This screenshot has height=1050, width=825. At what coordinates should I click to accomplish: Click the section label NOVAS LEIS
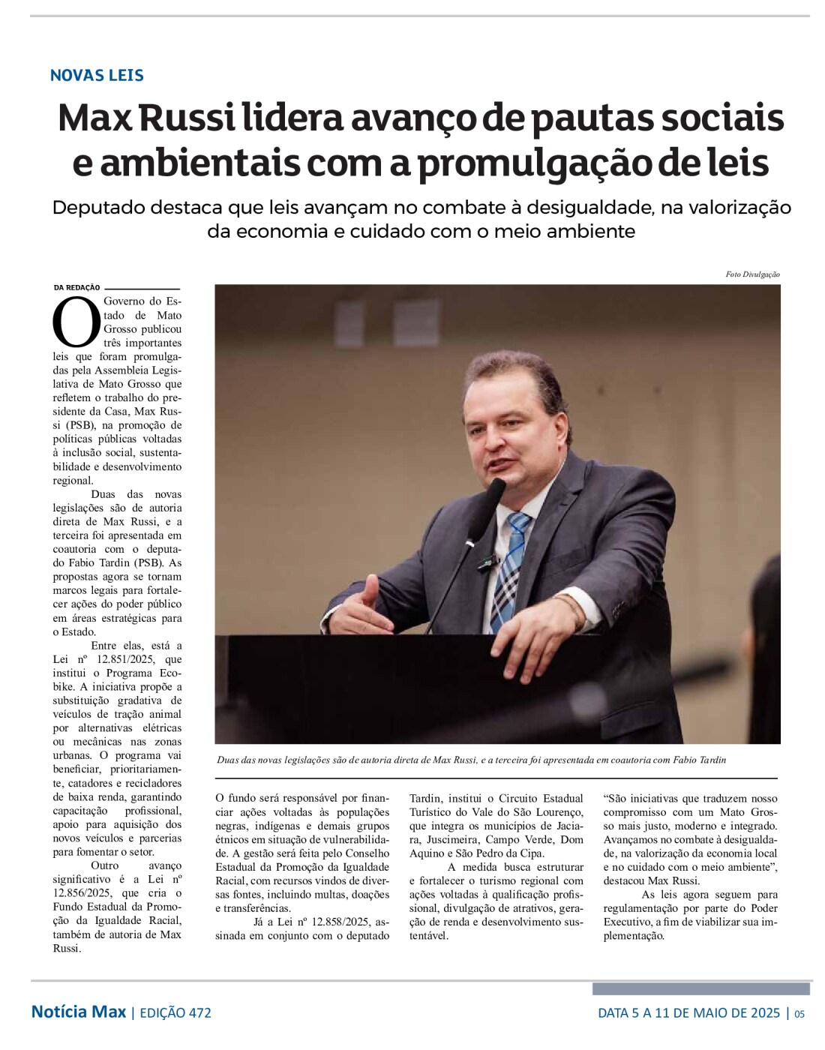97,75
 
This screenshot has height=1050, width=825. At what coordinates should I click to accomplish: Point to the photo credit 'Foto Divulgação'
752,274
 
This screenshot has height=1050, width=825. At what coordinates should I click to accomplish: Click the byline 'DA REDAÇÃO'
76,287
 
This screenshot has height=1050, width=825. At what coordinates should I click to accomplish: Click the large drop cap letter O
76,321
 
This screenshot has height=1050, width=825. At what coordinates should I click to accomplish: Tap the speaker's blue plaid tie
508,570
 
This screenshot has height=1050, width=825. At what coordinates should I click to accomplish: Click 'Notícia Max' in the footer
78,1012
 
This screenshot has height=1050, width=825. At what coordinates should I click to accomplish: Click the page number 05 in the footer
799,1014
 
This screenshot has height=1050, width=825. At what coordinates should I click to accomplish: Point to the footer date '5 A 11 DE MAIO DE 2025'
705,1013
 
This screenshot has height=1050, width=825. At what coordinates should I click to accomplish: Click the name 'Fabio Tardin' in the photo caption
700,760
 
